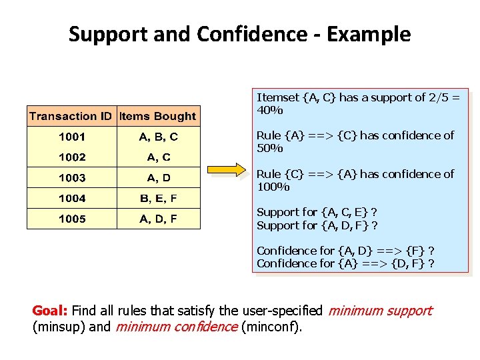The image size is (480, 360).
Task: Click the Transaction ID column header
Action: (x=71, y=116)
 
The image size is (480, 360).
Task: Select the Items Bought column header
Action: (x=158, y=116)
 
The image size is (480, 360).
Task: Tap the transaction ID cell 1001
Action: (x=72, y=137)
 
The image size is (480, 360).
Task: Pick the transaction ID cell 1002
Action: (x=72, y=157)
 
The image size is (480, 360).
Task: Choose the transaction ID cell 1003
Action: (x=72, y=177)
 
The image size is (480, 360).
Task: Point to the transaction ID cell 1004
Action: (x=72, y=198)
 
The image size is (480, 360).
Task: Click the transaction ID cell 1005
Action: (x=72, y=219)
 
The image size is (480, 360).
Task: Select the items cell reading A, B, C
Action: (x=158, y=137)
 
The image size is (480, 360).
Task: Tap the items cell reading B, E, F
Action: (x=158, y=198)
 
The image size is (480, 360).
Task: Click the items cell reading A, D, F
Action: (x=158, y=219)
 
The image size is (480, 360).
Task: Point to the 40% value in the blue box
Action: (x=270, y=110)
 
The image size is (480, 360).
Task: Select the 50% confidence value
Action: (x=270, y=148)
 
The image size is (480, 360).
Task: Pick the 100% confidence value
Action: (x=273, y=187)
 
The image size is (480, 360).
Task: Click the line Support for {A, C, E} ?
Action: (x=317, y=212)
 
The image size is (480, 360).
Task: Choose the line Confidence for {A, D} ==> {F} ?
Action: (x=345, y=251)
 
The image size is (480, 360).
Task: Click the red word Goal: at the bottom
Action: (x=50, y=311)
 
